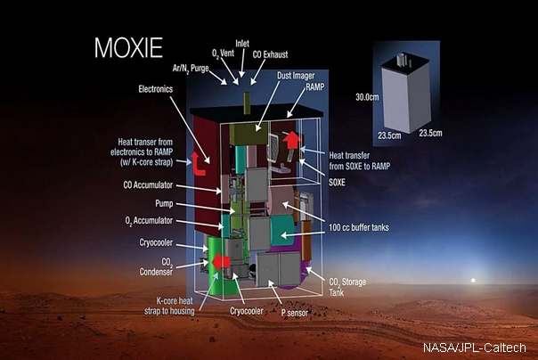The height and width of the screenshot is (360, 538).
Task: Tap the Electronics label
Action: point(161,89)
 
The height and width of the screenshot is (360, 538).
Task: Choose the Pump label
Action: point(175,203)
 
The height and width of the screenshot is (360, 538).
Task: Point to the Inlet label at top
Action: point(243,42)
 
